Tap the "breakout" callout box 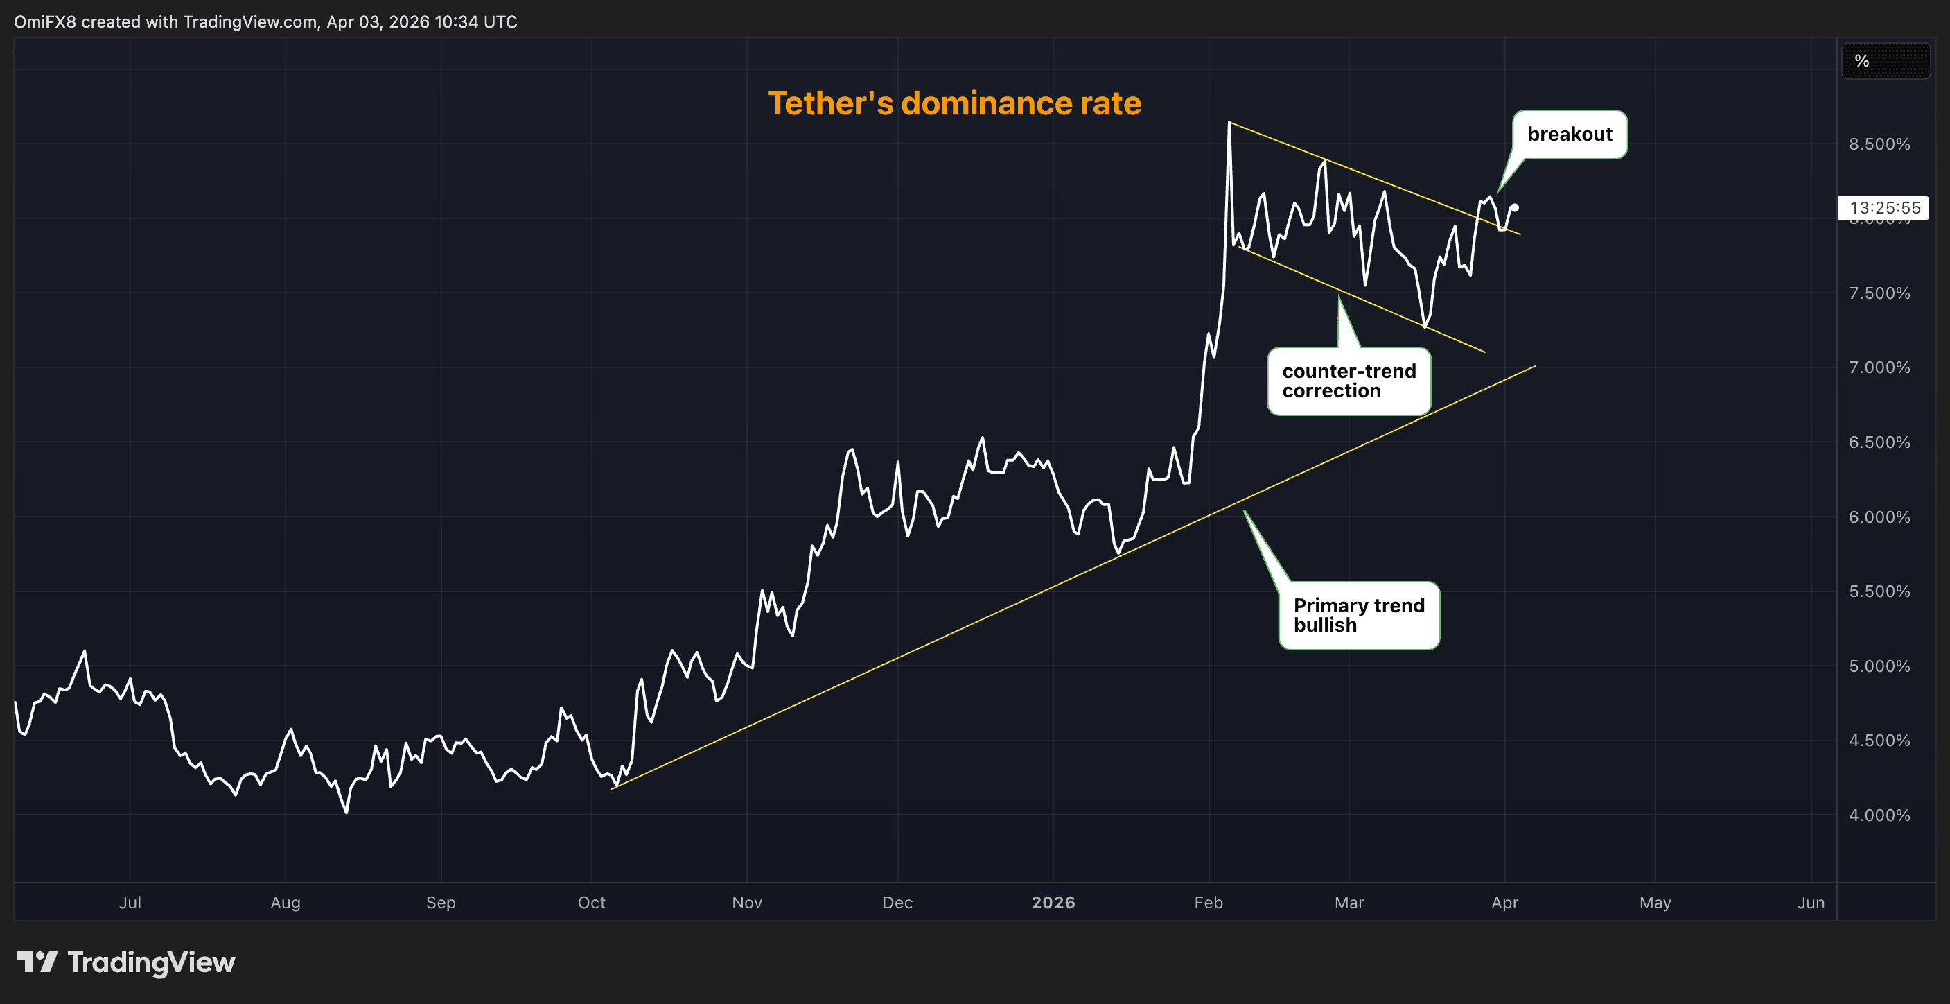pyautogui.click(x=1570, y=134)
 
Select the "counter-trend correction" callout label pyautogui.click(x=1349, y=381)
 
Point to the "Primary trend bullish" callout pyautogui.click(x=1358, y=615)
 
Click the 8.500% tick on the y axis pyautogui.click(x=1879, y=144)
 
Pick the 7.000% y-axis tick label pyautogui.click(x=1879, y=367)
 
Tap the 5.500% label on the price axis pyautogui.click(x=1879, y=591)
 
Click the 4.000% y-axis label pyautogui.click(x=1879, y=815)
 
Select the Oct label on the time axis pyautogui.click(x=591, y=902)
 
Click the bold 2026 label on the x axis pyautogui.click(x=1053, y=902)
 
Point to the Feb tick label pyautogui.click(x=1208, y=902)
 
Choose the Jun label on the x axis pyautogui.click(x=1811, y=902)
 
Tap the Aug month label pyautogui.click(x=286, y=902)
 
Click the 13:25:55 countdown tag pyautogui.click(x=1883, y=207)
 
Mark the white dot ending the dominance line pyautogui.click(x=1514, y=207)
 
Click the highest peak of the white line pyautogui.click(x=1229, y=123)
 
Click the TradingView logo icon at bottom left pyautogui.click(x=36, y=962)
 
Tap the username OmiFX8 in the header pyautogui.click(x=44, y=22)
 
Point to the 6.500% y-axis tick pyautogui.click(x=1879, y=442)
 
